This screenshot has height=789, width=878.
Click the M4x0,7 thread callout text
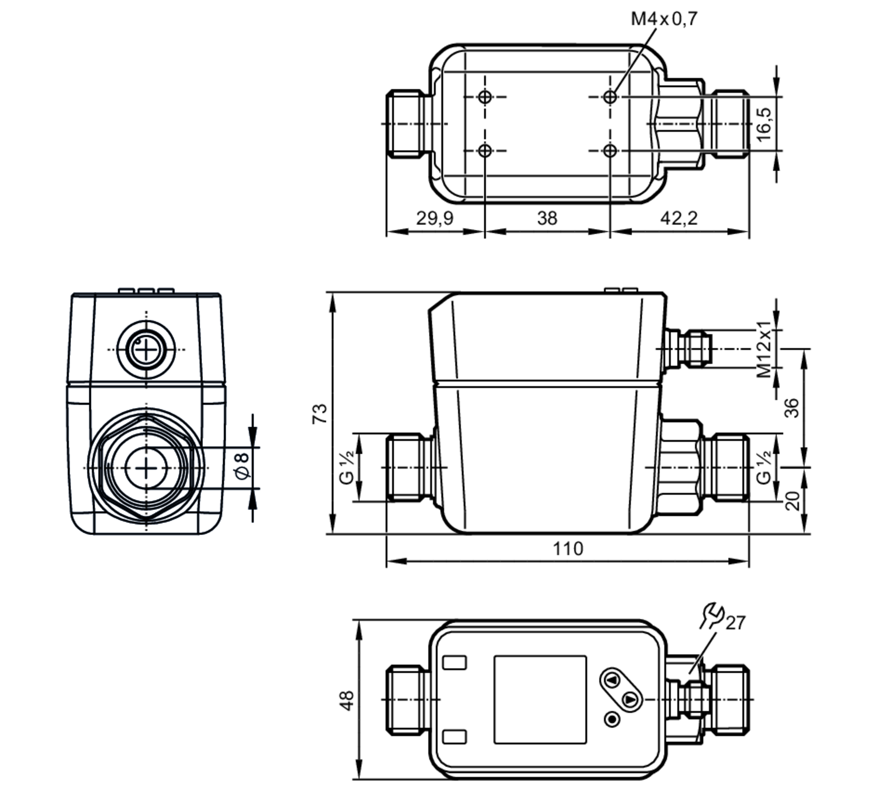[664, 19]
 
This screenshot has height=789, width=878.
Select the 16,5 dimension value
[764, 124]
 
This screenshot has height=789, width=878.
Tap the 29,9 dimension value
[435, 218]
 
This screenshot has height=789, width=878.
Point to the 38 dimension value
[547, 218]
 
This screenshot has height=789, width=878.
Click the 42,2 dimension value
[679, 218]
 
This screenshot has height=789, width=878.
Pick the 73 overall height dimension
[320, 414]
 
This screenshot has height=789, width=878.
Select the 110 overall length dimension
[568, 549]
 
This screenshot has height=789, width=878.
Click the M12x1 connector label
[764, 349]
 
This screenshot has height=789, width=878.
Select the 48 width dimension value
[347, 700]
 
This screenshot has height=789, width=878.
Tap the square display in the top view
[540, 700]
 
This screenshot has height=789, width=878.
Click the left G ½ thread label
[347, 468]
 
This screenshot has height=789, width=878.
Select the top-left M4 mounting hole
[485, 97]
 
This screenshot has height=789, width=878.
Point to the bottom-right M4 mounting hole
[610, 151]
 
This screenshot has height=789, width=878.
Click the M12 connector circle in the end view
[146, 350]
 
